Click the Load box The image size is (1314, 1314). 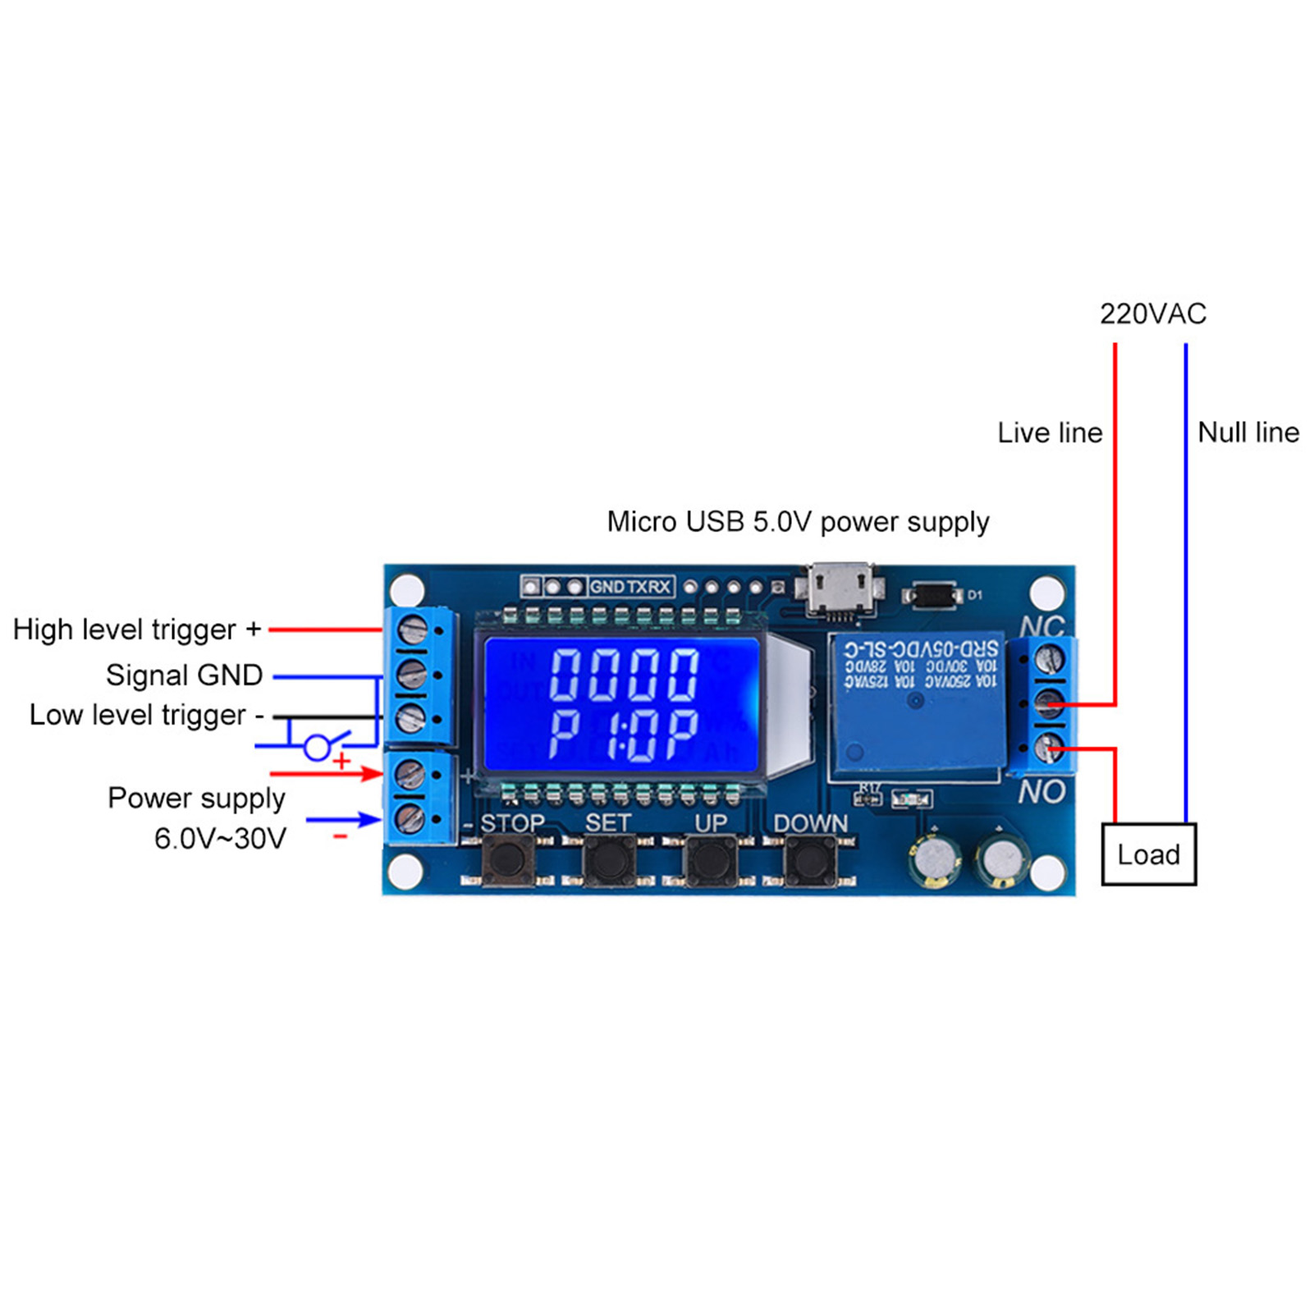pos(1147,854)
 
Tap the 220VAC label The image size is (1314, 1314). pos(1152,314)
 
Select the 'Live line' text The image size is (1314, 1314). pos(1049,433)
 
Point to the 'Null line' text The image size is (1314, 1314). pos(1248,433)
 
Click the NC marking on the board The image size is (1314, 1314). pos(1042,626)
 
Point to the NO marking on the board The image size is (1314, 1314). pos(1042,792)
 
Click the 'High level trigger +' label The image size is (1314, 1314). pos(136,630)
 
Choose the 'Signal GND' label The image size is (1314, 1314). pos(184,675)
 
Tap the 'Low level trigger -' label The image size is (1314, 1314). pos(146,715)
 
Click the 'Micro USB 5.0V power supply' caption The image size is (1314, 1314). pos(798,522)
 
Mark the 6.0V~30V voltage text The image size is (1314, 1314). pos(220,839)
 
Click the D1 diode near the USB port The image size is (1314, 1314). pos(932,595)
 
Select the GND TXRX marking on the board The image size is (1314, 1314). pos(630,587)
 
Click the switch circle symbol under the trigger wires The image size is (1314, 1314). pos(317,748)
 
